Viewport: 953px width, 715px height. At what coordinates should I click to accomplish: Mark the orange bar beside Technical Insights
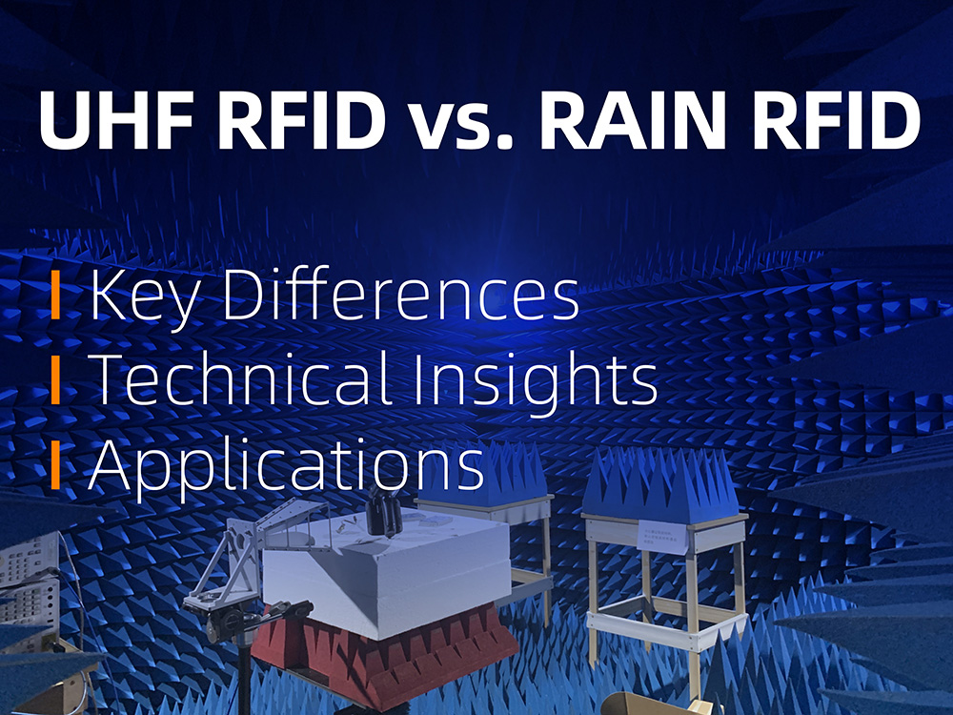(x=56, y=378)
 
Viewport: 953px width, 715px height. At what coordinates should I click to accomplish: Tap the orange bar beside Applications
(x=56, y=462)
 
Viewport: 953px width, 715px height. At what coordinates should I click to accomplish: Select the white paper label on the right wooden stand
(x=664, y=536)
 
